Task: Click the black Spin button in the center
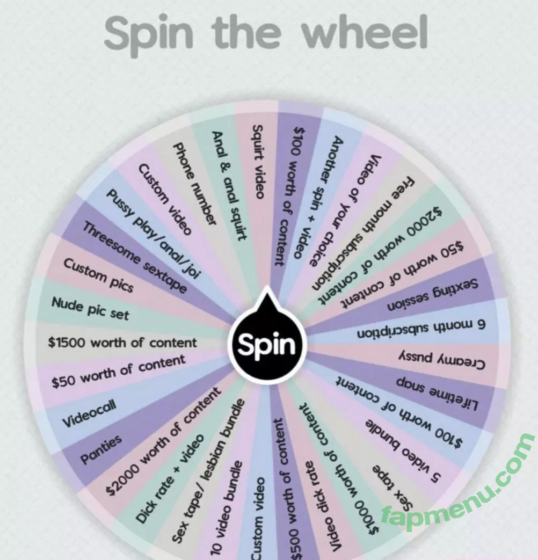coord(266,344)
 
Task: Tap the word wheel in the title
coord(365,33)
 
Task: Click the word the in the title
coord(246,33)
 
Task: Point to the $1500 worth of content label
coord(122,343)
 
